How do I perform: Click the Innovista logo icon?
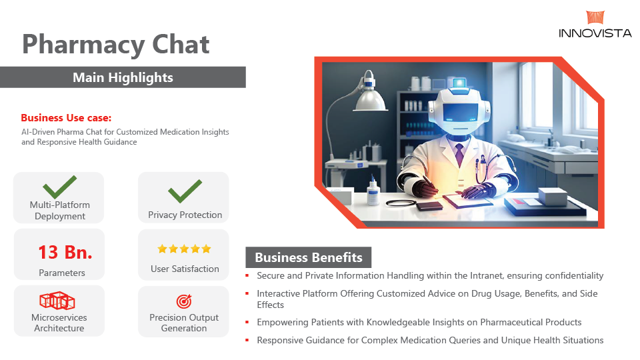tap(595, 17)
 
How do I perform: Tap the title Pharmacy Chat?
tap(116, 44)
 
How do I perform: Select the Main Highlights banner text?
tap(123, 77)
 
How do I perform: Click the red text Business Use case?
tap(66, 118)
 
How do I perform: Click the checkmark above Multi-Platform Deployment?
tap(59, 187)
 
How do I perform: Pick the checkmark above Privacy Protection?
tap(185, 191)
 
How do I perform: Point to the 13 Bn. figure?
tap(65, 252)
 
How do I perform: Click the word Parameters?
tap(62, 273)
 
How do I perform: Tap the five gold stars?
tap(185, 249)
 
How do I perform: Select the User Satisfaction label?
tap(185, 269)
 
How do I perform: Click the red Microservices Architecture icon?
tap(57, 301)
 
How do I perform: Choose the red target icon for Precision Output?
tap(184, 301)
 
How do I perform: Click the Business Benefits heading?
tap(309, 257)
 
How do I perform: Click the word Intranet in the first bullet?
tap(487, 275)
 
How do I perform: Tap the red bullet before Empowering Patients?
tap(247, 323)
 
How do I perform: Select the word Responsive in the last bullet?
tap(278, 341)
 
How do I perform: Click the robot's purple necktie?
tap(459, 153)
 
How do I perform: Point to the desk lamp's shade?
tap(370, 99)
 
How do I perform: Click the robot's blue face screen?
tap(461, 112)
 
